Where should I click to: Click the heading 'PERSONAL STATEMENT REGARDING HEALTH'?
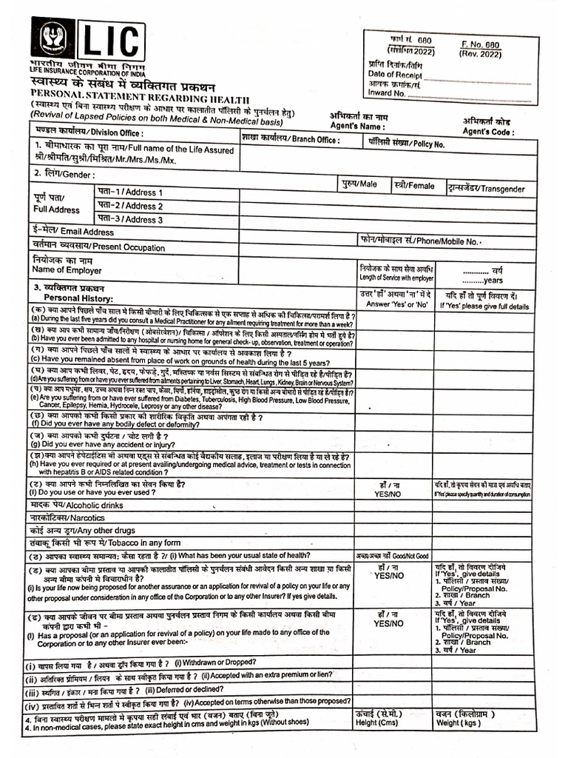pos(139,98)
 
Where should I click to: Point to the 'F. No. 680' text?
pos(481,44)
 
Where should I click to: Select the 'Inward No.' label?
pos(386,93)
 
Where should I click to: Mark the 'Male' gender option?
pos(359,184)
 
